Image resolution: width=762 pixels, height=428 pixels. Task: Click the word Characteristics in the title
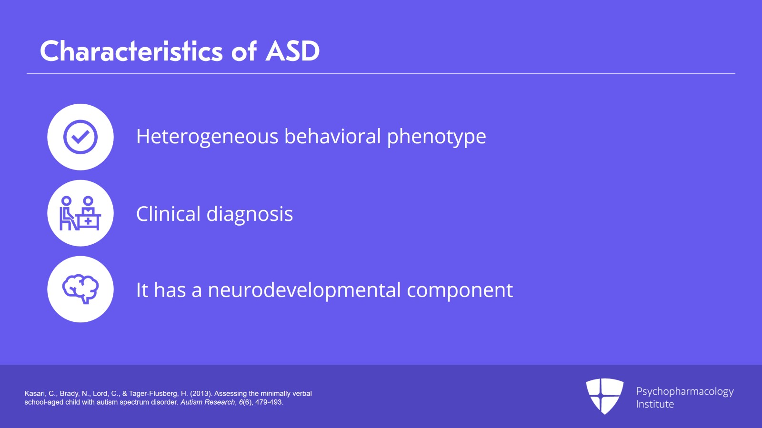click(x=131, y=51)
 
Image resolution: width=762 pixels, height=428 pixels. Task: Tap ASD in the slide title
click(x=292, y=51)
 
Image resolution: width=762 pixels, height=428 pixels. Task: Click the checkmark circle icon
click(x=80, y=137)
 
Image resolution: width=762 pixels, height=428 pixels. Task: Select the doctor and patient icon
click(x=80, y=213)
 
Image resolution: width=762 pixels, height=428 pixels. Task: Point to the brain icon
click(x=80, y=289)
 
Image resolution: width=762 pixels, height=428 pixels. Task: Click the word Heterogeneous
click(x=207, y=137)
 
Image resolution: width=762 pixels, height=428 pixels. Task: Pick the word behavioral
click(x=333, y=136)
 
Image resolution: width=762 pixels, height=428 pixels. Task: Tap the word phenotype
click(x=437, y=137)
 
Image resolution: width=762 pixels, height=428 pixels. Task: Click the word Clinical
click(x=169, y=213)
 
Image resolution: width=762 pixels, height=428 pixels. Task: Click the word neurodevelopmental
click(x=304, y=289)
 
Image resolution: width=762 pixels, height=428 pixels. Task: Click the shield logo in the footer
click(x=605, y=396)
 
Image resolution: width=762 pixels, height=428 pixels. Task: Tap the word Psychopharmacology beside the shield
click(x=685, y=392)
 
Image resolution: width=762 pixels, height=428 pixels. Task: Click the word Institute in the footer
click(x=655, y=404)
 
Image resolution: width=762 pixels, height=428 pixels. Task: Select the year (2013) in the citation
click(x=201, y=394)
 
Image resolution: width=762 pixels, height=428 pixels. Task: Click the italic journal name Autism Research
click(x=208, y=402)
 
